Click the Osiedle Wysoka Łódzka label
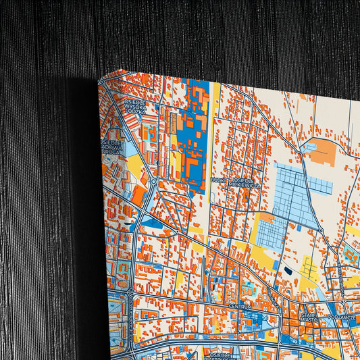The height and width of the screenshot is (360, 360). click(135, 107)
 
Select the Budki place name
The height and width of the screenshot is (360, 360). click(217, 180)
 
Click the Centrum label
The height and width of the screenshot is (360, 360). click(240, 306)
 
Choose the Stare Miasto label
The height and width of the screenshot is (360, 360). click(309, 317)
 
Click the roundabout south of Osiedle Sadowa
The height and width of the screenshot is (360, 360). click(153, 181)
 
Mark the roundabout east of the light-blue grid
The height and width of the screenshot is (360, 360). click(322, 232)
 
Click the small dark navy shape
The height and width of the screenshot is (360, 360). click(289, 270)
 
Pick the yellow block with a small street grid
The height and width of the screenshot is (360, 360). click(309, 267)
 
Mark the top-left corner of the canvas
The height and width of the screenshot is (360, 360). click(99, 79)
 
